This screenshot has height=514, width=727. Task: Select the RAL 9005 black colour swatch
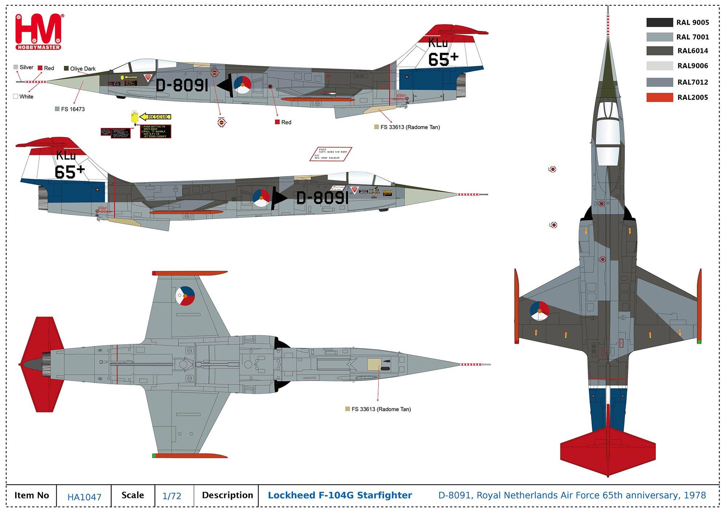click(659, 23)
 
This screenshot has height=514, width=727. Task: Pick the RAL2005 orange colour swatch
click(659, 97)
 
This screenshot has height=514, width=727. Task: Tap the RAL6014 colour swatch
click(659, 51)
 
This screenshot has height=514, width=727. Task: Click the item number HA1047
click(84, 497)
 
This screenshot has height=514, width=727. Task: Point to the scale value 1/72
click(172, 496)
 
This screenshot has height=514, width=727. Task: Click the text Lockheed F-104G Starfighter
click(340, 495)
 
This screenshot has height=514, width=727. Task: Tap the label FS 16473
click(73, 109)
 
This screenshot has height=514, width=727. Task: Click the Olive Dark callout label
click(83, 69)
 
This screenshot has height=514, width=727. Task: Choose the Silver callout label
click(26, 67)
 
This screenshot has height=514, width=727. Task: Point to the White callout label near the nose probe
click(26, 97)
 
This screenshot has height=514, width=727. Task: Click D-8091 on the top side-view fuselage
click(182, 86)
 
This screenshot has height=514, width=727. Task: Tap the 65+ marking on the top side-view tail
click(443, 59)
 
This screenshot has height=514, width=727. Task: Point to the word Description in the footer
click(227, 495)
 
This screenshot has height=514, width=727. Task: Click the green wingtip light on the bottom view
click(154, 455)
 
